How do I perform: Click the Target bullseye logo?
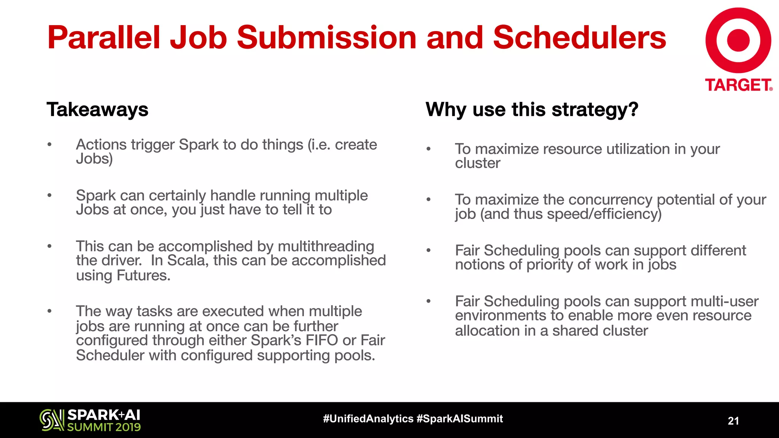click(x=738, y=40)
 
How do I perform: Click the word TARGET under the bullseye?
click(x=738, y=85)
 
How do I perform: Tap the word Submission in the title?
click(x=326, y=38)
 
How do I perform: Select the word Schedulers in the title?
click(x=579, y=38)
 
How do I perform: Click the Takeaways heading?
click(x=97, y=109)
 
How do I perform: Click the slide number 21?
click(x=733, y=421)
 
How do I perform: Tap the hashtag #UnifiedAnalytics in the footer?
click(x=368, y=419)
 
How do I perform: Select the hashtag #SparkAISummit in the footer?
click(x=459, y=419)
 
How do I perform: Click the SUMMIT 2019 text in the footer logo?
click(x=104, y=427)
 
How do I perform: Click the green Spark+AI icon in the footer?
click(x=52, y=420)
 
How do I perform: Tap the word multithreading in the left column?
click(x=326, y=246)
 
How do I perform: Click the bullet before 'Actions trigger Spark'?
click(x=49, y=144)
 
